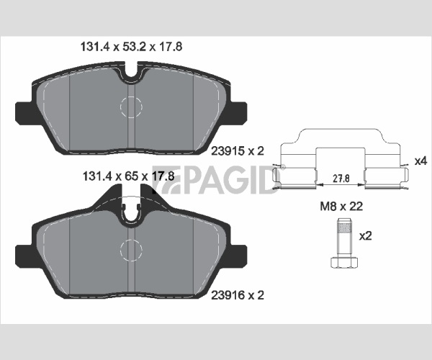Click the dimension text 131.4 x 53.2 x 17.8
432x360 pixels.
(x=131, y=47)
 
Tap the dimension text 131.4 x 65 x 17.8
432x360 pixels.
(x=129, y=176)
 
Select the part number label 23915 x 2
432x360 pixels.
(x=238, y=151)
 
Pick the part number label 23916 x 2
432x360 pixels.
(x=238, y=295)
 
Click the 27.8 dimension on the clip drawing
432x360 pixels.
(x=341, y=179)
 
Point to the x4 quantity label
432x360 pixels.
(x=420, y=161)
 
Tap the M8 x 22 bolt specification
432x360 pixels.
(x=341, y=207)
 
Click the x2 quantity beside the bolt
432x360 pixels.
(x=365, y=236)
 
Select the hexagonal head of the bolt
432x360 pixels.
(x=344, y=262)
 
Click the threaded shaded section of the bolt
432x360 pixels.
(x=344, y=228)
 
